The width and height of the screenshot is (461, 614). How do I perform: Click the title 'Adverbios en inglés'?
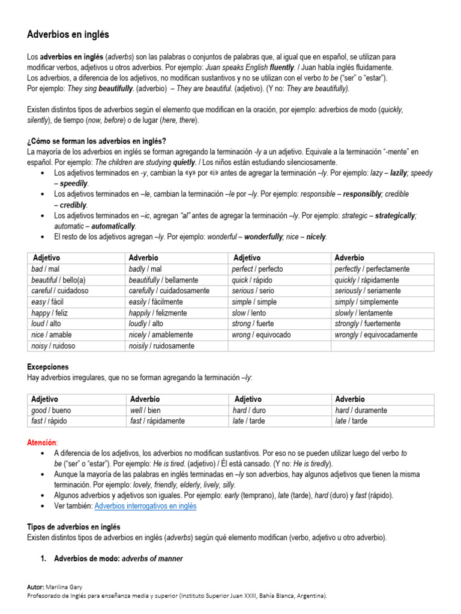[68, 35]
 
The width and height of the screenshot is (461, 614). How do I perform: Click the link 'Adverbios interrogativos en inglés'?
[145, 506]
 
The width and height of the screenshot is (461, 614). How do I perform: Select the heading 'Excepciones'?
[48, 366]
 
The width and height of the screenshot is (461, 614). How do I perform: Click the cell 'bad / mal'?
[46, 269]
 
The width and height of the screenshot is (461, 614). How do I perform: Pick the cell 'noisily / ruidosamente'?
[161, 346]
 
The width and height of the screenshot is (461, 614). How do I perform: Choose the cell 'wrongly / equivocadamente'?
[376, 335]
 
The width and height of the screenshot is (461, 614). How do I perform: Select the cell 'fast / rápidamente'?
[157, 421]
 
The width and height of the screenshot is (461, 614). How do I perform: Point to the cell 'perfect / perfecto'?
[257, 269]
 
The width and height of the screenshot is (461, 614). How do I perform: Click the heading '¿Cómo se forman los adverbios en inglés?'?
[97, 141]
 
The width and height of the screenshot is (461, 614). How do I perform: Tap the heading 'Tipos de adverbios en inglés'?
[74, 527]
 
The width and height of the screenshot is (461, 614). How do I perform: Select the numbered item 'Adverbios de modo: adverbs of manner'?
[118, 559]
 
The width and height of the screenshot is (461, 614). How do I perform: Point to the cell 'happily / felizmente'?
[158, 313]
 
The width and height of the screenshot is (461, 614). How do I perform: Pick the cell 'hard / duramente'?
[361, 411]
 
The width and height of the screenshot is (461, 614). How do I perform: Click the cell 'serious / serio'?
[253, 291]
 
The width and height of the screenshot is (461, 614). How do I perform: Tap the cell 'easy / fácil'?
[47, 302]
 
